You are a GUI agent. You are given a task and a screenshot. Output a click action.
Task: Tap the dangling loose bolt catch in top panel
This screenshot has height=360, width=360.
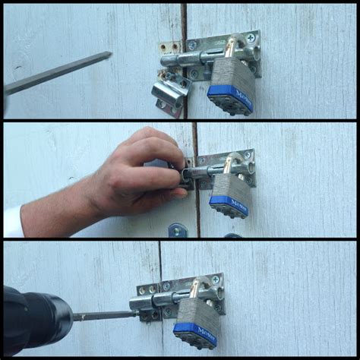[x=169, y=96]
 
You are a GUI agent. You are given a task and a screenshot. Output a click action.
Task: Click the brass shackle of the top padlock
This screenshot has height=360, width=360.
[x=229, y=47]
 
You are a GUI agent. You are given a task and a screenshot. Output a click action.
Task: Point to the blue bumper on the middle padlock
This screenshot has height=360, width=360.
[x=228, y=205]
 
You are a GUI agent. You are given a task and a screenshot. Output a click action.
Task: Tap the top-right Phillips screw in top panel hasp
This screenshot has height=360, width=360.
[x=253, y=39]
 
